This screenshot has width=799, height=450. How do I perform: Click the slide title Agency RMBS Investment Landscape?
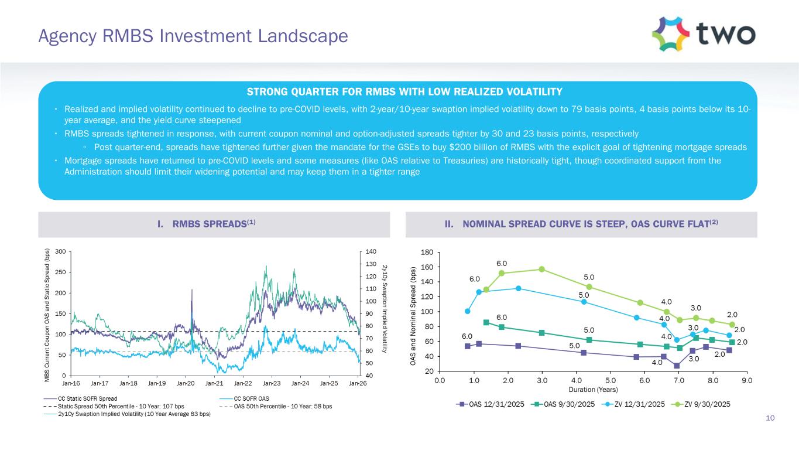point(193,36)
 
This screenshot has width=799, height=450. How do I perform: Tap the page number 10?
point(770,418)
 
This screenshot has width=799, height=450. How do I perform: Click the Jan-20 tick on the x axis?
point(186,383)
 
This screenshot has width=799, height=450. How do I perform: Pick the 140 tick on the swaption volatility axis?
point(370,251)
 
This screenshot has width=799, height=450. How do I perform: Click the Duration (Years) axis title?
point(594,389)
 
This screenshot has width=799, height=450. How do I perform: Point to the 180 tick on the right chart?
point(428,252)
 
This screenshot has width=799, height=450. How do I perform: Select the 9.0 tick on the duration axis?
point(747,380)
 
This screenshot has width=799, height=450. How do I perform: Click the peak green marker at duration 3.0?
point(542,269)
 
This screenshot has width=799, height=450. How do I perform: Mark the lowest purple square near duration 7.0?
point(677,366)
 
